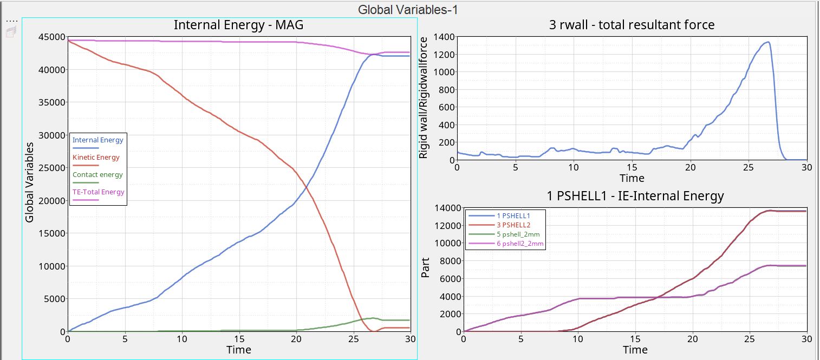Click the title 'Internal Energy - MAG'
pyautogui.click(x=238, y=25)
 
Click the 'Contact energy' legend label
pyautogui.click(x=97, y=175)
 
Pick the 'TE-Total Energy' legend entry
pyautogui.click(x=98, y=192)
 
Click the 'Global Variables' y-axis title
pyautogui.click(x=30, y=182)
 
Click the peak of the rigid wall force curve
pyautogui.click(x=767, y=42)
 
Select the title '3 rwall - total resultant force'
pyautogui.click(x=632, y=25)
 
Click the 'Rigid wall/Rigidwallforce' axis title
pyautogui.click(x=424, y=98)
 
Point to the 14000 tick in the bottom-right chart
pyautogui.click(x=447, y=208)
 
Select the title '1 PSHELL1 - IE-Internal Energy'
pyautogui.click(x=635, y=196)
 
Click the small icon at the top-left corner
pyautogui.click(x=11, y=32)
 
